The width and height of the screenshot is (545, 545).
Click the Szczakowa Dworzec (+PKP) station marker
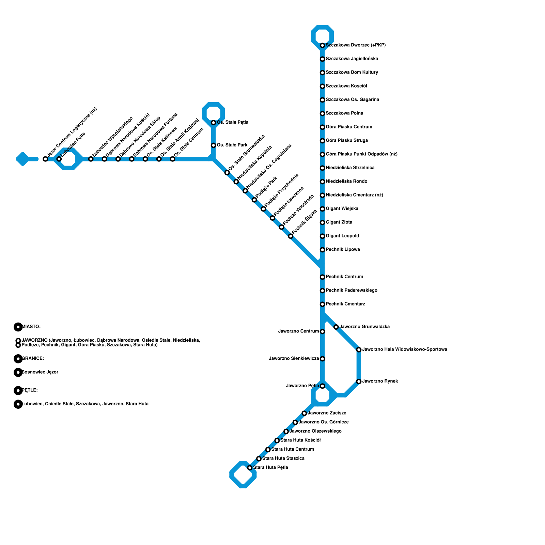322,45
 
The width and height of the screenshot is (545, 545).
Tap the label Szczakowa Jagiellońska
352,59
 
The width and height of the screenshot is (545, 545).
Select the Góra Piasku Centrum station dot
322,127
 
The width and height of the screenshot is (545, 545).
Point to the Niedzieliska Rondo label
346,182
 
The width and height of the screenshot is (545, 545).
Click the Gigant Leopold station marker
322,236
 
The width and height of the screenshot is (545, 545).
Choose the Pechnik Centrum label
344,277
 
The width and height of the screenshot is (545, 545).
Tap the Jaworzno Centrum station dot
322,331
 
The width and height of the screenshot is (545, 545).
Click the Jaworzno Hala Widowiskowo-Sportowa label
405,349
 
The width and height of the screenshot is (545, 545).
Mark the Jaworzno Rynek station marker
359,381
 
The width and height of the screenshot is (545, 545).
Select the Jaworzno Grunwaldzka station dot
336,327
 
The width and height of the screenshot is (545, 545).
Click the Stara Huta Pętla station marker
250,468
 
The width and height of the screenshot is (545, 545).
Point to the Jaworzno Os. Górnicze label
324,422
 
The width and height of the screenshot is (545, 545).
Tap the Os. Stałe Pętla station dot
213,123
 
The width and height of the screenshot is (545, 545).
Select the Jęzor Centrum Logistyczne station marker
45,159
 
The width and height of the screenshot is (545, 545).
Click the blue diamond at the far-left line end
22,159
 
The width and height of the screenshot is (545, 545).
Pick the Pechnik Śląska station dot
291,236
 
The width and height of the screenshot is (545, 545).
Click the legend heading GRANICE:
33,359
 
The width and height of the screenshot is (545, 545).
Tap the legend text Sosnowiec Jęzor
40,372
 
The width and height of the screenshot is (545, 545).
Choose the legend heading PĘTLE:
30,390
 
